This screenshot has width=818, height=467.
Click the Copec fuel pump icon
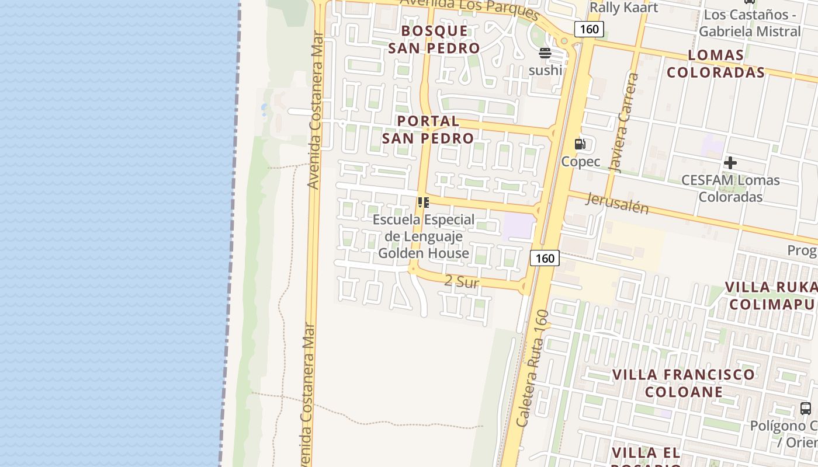(x=580, y=144)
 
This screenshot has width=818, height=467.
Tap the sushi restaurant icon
(x=545, y=54)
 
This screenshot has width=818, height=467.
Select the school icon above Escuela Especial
(x=424, y=203)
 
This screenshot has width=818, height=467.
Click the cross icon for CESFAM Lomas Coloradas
(x=730, y=163)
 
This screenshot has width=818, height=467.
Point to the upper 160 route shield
(x=588, y=29)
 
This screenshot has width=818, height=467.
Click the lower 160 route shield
(x=545, y=258)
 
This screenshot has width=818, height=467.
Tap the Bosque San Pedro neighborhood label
(x=434, y=40)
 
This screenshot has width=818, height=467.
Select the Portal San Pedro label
(x=428, y=130)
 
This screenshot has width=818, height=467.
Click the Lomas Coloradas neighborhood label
(x=716, y=64)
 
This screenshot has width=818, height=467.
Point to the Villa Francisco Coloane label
(x=684, y=383)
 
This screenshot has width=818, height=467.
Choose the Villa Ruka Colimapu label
(x=771, y=296)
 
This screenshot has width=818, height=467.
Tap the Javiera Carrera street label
(x=624, y=123)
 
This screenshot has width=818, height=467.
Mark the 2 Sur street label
(x=462, y=282)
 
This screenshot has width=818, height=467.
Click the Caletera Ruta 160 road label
(x=532, y=368)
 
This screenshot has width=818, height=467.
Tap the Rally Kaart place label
(x=623, y=8)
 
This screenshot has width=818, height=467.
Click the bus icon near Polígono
(x=806, y=408)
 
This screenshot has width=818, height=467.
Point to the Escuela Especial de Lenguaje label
(x=424, y=236)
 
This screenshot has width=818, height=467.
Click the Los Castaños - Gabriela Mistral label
(x=750, y=23)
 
